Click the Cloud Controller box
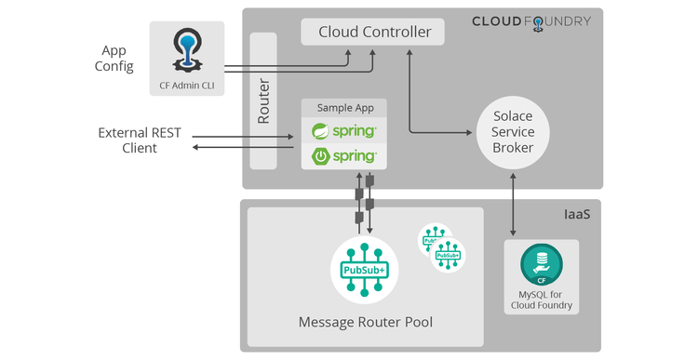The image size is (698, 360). (x=373, y=33)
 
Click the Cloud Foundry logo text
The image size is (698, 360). (x=531, y=21)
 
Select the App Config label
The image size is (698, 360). (x=114, y=58)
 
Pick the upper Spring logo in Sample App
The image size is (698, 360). (x=344, y=130)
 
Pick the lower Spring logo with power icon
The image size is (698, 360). (x=344, y=155)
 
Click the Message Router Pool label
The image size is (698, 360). (x=365, y=323)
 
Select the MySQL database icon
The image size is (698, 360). (x=540, y=266)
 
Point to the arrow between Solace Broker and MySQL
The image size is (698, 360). (x=513, y=205)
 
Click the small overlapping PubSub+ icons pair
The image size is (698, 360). (x=441, y=246)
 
